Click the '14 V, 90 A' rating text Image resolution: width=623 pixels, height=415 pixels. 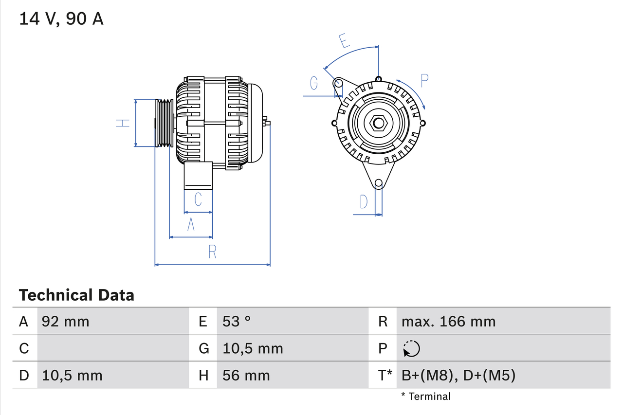(x=61, y=19)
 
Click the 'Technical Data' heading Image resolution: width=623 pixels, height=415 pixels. (x=76, y=295)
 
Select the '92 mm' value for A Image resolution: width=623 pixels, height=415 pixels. (x=66, y=322)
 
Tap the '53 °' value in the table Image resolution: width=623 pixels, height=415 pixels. (x=237, y=322)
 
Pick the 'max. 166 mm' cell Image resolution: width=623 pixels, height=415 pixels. (x=448, y=322)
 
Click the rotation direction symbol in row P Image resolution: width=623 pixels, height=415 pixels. (x=411, y=349)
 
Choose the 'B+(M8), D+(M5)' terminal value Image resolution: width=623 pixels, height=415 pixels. (x=458, y=376)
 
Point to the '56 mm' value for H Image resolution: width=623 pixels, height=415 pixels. (x=246, y=376)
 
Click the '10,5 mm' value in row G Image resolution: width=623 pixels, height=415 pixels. (x=253, y=349)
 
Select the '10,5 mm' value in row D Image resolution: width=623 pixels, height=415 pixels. (x=72, y=376)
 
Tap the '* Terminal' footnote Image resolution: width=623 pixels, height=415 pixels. (x=426, y=397)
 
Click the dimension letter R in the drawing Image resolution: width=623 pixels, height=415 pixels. (x=212, y=252)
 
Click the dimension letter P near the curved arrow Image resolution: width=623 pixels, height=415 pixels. (x=424, y=81)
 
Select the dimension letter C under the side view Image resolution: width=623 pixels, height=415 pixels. (x=198, y=199)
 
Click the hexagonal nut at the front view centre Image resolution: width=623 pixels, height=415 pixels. (x=378, y=123)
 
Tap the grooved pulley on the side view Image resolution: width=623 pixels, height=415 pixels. (x=164, y=123)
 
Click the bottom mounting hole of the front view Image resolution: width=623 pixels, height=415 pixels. (x=378, y=183)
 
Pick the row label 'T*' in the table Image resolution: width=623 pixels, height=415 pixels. (x=385, y=376)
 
